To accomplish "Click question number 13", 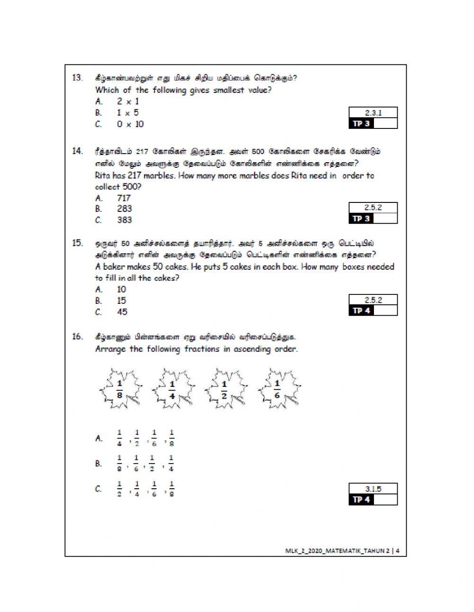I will (77, 78).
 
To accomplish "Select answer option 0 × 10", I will (130, 124).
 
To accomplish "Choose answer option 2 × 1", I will (128, 101).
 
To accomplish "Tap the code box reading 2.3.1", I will (373, 113).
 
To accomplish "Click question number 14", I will (77, 151).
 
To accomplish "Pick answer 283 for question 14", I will (124, 209).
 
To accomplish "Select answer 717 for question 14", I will (124, 198).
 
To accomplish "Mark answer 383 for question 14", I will (124, 220).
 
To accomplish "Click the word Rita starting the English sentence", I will (103, 175).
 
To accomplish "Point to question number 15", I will (77, 243).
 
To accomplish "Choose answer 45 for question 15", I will (122, 312).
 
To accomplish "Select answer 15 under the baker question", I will (121, 301).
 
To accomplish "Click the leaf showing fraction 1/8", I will (120, 389).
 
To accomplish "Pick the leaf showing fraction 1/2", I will (225, 389).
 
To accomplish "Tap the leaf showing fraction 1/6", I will (278, 389).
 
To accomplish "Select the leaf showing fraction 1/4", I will (172, 389).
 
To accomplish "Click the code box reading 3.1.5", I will (373, 489).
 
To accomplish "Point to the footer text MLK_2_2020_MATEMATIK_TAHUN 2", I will (337, 550).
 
